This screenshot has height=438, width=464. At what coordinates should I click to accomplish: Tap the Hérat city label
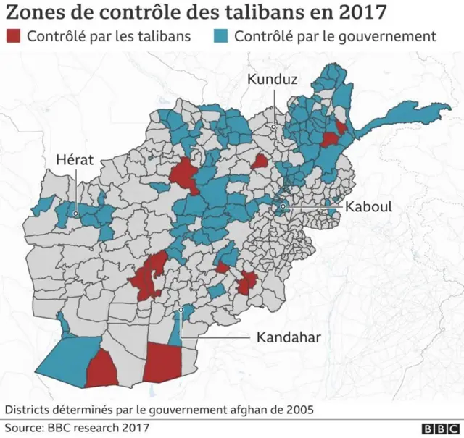tap(75, 159)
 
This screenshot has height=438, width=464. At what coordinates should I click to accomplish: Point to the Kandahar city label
tap(288, 337)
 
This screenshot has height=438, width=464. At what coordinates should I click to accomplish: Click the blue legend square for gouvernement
tap(223, 36)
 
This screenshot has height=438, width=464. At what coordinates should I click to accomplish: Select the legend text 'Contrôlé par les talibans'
tap(109, 36)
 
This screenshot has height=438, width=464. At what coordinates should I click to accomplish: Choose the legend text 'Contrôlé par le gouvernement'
tap(335, 36)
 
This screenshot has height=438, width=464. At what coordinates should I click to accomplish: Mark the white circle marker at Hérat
tap(75, 214)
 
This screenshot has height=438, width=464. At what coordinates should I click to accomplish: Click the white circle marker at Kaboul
tap(283, 209)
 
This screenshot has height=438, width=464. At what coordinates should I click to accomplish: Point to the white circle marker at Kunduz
tap(273, 127)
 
